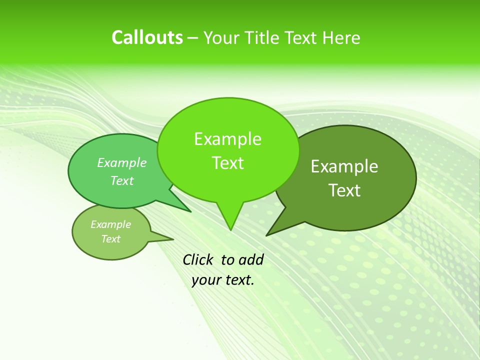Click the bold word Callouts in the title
(x=147, y=37)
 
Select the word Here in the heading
(x=342, y=37)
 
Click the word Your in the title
(x=222, y=37)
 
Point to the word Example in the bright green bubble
(x=227, y=139)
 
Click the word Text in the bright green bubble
(x=227, y=163)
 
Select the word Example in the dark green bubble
(x=344, y=166)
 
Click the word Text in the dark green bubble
(x=344, y=190)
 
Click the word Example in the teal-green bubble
(x=122, y=162)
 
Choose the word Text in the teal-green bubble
(x=122, y=180)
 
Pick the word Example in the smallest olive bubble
(x=110, y=224)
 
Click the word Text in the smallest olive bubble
(x=110, y=239)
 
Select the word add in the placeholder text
(x=251, y=259)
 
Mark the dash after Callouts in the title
(x=193, y=38)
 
